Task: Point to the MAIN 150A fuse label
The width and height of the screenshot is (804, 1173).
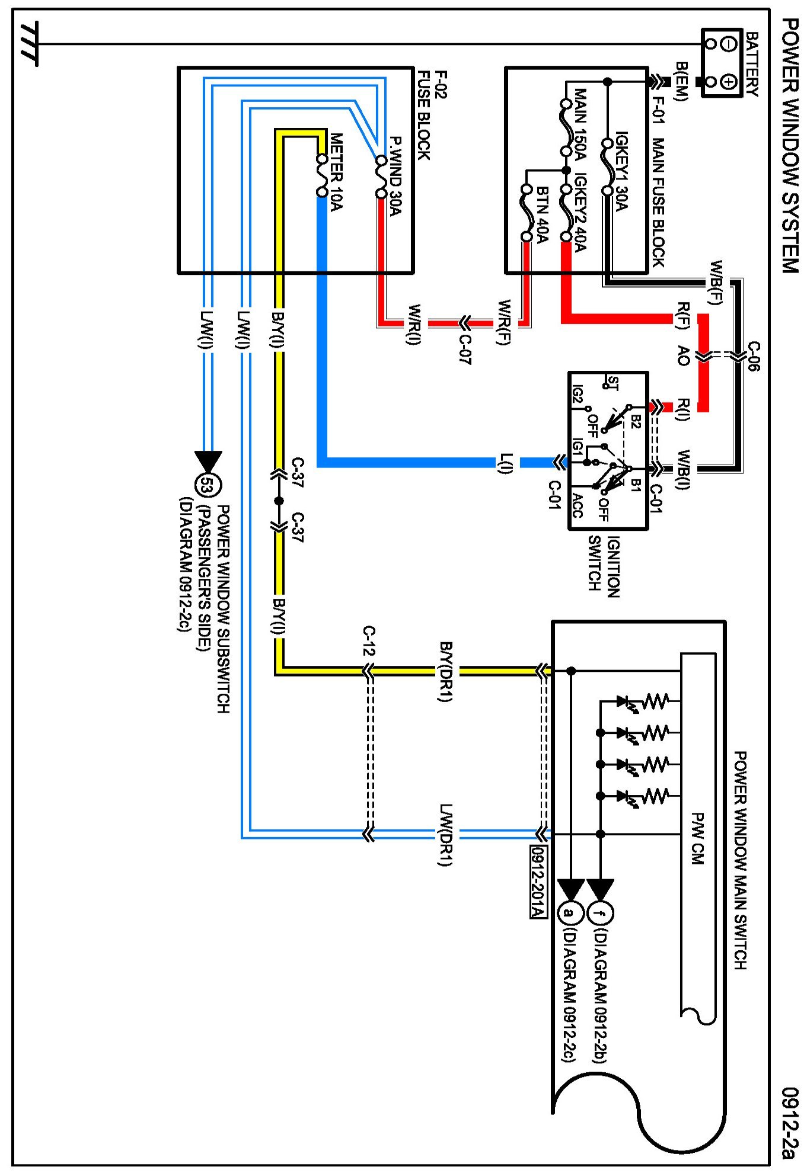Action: pyautogui.click(x=580, y=124)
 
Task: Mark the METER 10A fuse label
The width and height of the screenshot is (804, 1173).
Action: pyautogui.click(x=336, y=172)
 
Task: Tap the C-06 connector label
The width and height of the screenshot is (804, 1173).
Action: pyautogui.click(x=753, y=356)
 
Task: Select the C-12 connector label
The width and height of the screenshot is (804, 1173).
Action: pyautogui.click(x=368, y=640)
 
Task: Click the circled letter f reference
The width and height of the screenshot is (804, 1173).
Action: pyautogui.click(x=600, y=913)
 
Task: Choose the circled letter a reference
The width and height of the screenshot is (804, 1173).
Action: pyautogui.click(x=569, y=913)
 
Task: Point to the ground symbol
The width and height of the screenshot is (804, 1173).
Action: pyautogui.click(x=28, y=44)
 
